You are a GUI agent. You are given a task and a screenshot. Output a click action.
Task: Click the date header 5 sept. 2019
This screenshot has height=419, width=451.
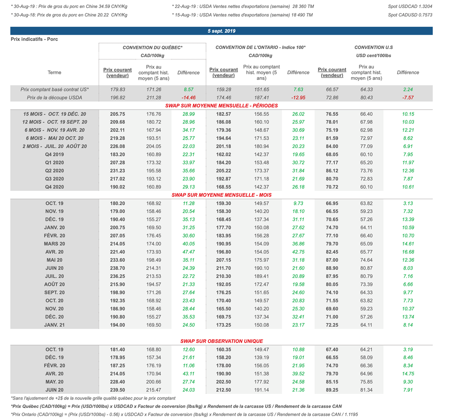pyautogui.click(x=222, y=31)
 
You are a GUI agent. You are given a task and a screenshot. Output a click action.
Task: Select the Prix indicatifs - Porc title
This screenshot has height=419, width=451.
pyautogui.click(x=34, y=39)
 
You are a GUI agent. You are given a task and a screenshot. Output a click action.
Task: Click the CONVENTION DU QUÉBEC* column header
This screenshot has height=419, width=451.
pyautogui.click(x=152, y=47)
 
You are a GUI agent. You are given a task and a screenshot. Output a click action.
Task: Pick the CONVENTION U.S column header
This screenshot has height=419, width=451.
pyautogui.click(x=373, y=47)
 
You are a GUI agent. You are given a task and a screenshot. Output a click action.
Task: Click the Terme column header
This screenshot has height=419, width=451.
pyautogui.click(x=54, y=73)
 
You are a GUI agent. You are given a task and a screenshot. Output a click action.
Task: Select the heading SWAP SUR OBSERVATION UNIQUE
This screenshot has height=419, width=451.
pyautogui.click(x=222, y=341)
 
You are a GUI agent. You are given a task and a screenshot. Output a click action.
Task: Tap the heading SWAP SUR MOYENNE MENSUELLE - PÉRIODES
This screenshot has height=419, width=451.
pyautogui.click(x=222, y=106)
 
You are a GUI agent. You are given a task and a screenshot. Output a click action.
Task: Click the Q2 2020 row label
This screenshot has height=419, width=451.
pyautogui.click(x=54, y=171)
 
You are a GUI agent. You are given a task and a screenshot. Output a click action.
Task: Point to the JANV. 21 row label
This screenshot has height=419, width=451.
pyautogui.click(x=54, y=325)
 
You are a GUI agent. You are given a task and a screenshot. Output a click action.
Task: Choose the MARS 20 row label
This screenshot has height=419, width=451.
pyautogui.click(x=54, y=244)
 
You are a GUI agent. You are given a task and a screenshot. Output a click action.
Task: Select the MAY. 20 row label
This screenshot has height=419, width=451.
pyautogui.click(x=54, y=382)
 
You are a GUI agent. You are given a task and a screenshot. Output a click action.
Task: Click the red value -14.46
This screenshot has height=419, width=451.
pyautogui.click(x=188, y=97)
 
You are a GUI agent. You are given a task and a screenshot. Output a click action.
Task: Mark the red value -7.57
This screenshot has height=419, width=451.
pyautogui.click(x=408, y=97)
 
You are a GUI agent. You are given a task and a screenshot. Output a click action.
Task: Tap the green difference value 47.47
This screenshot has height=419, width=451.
pyautogui.click(x=188, y=252)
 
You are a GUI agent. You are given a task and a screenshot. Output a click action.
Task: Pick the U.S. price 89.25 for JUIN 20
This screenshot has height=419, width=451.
pyautogui.click(x=332, y=390)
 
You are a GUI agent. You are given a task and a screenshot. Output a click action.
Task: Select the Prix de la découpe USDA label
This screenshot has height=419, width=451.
pyautogui.click(x=54, y=97)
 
